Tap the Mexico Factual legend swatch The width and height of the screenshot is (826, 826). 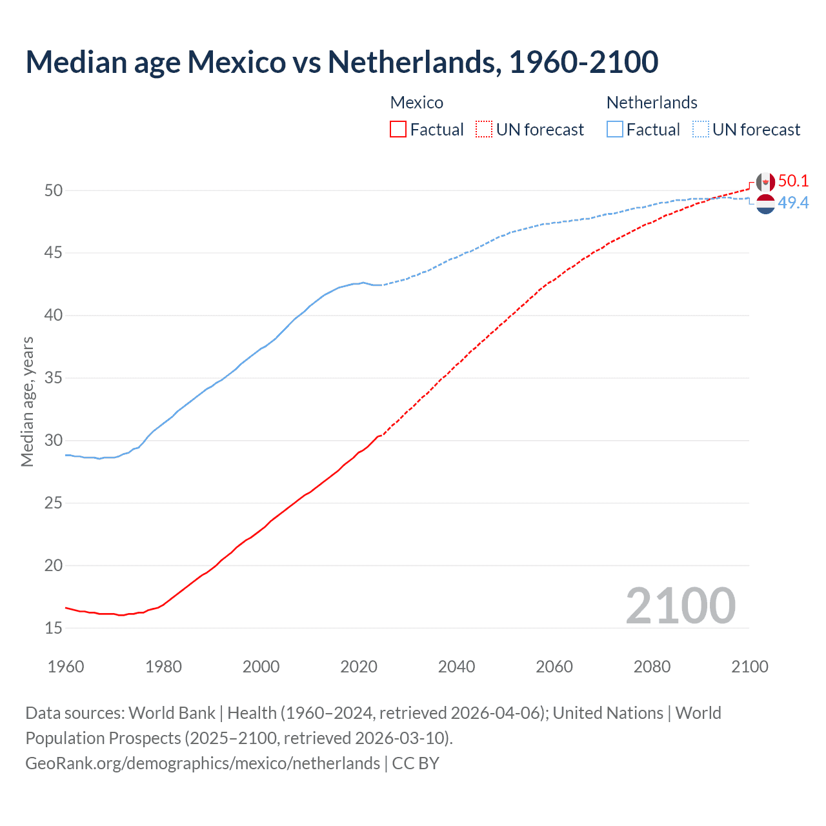point(398,130)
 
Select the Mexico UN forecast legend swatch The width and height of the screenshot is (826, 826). point(484,130)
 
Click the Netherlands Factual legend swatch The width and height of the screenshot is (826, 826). point(615,130)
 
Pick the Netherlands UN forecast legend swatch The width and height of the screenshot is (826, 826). point(700,130)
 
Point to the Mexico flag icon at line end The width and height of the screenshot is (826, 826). point(765,183)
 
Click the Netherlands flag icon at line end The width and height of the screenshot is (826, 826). point(765,204)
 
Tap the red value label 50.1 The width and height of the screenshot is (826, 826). point(793,181)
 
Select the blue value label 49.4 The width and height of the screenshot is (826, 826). point(793,203)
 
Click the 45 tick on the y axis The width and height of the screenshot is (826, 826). point(54,253)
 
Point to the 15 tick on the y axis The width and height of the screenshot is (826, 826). point(54,628)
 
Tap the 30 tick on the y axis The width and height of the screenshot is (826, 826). point(54,440)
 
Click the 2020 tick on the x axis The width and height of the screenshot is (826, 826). point(359,667)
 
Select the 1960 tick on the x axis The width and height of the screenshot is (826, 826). point(66,667)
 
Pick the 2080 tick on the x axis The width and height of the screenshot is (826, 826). point(652,667)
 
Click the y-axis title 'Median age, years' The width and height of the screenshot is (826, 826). point(27,401)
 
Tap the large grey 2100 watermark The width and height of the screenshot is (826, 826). point(681,605)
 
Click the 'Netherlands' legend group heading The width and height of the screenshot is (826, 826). point(652,103)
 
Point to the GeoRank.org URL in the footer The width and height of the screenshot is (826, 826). point(203,763)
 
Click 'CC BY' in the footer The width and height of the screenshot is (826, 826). point(416,763)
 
